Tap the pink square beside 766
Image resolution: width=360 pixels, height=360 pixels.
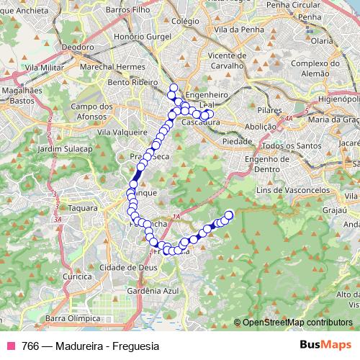[11, 346]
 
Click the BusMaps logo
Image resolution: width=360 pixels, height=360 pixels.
[325, 345]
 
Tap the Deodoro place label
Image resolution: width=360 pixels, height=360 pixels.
[78, 47]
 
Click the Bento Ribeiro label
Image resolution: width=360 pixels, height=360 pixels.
[132, 84]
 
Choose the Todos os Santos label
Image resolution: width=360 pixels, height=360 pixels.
[292, 145]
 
